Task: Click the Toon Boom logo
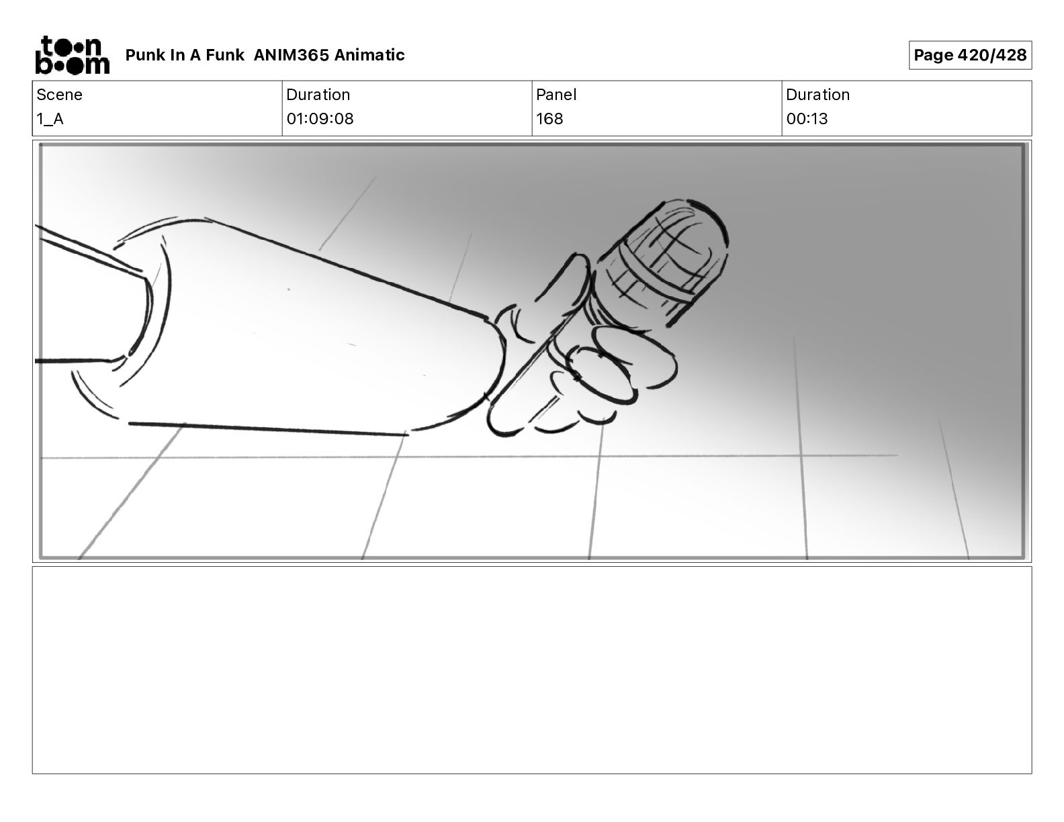click(x=73, y=55)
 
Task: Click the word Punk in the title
click(x=145, y=55)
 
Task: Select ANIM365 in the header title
click(x=291, y=55)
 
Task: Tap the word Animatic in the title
click(x=369, y=55)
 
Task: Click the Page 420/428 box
click(x=970, y=55)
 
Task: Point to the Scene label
click(x=59, y=95)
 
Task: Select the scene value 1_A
click(x=50, y=119)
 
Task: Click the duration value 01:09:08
click(x=320, y=119)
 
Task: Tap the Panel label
click(x=556, y=95)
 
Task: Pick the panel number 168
click(x=550, y=119)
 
